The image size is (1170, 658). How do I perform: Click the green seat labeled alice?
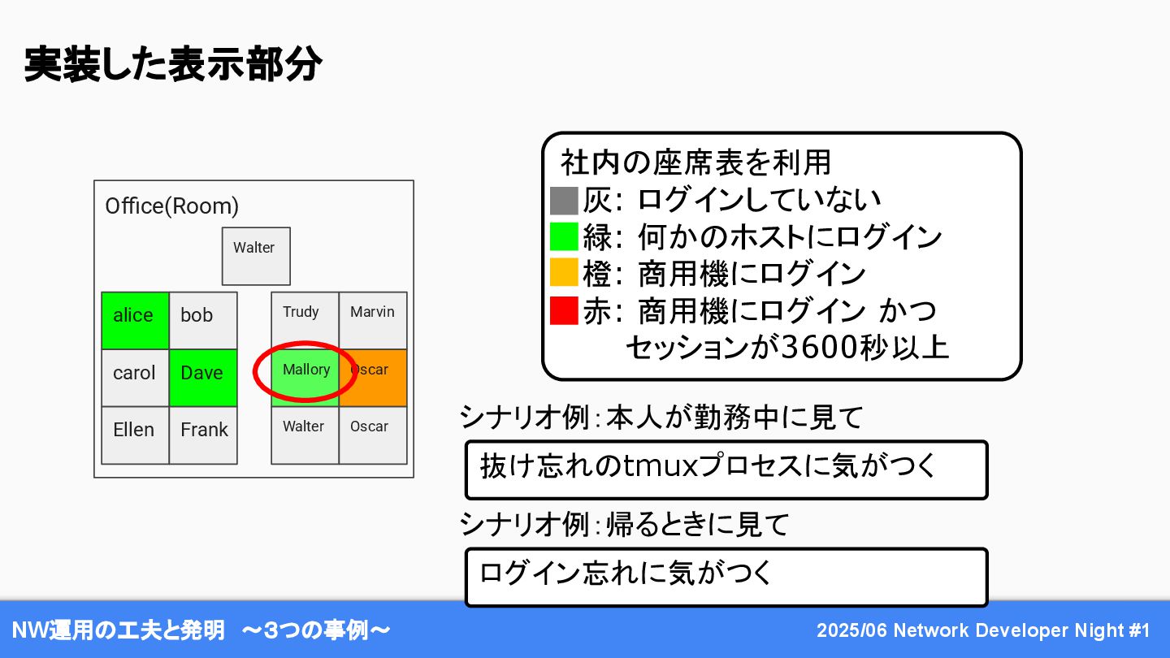pos(135,320)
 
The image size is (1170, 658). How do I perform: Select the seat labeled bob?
pos(203,320)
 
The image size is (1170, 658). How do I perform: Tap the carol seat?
pos(135,378)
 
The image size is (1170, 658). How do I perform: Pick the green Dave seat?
pos(203,378)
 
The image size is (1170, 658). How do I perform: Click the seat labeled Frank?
pos(203,435)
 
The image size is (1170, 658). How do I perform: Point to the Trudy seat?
pos(305,320)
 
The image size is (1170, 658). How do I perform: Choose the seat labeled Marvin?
pos(372,320)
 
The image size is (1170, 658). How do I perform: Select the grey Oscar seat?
pos(372,435)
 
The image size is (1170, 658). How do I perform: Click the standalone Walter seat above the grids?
pos(256,256)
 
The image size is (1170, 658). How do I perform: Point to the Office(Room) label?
pos(172,206)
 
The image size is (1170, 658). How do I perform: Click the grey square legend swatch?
pos(563,200)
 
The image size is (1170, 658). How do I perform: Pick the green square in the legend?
pos(563,237)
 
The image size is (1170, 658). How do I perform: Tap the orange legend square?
pos(563,274)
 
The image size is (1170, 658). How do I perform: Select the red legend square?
pos(563,311)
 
